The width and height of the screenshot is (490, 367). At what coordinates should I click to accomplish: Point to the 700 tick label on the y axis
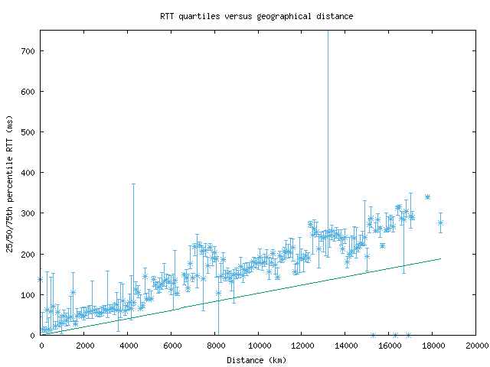tap(28, 51)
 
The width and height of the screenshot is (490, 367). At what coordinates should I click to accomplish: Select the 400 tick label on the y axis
tap(28, 173)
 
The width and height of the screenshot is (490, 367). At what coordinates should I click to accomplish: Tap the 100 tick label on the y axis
tap(28, 294)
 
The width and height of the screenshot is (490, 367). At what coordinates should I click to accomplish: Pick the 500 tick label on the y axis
tap(28, 132)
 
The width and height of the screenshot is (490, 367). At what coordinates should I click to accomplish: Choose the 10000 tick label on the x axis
tap(259, 346)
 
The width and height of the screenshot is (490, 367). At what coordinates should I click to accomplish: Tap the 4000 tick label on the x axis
tap(128, 346)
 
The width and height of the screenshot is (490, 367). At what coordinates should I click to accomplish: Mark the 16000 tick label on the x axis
tap(389, 346)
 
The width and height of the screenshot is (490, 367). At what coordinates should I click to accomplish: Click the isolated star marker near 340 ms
tap(427, 197)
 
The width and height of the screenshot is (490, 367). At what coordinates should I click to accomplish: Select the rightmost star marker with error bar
tap(440, 222)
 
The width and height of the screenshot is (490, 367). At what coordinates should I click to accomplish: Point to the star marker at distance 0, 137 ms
tap(41, 280)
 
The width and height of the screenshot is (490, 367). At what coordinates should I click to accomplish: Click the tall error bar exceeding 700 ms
tap(328, 115)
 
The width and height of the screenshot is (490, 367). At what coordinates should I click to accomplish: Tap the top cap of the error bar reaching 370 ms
tap(133, 184)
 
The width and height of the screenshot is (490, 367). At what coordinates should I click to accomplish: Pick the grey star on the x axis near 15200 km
tap(373, 335)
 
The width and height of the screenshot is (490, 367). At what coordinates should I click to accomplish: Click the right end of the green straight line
tap(441, 258)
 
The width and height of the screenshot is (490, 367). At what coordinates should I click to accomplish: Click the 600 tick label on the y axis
tap(28, 92)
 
